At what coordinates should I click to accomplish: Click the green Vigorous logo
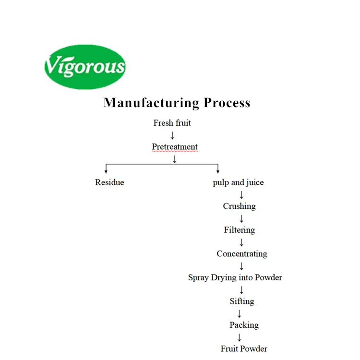point(84,67)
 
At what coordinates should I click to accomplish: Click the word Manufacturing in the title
point(151,103)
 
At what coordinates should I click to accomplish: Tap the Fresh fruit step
point(172,123)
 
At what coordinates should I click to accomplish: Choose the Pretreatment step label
point(174,147)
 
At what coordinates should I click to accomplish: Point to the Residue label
point(109,182)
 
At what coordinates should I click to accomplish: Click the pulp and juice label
point(238,182)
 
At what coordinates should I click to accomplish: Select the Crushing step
point(239,206)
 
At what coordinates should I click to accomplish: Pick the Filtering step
point(239,230)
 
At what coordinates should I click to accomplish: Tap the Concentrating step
point(241,254)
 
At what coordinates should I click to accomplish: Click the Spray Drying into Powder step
point(235,277)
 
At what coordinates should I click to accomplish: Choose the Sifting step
point(241,301)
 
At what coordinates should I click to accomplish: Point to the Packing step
point(244,325)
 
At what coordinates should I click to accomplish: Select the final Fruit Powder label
point(244,349)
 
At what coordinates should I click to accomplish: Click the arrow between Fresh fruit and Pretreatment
point(172,135)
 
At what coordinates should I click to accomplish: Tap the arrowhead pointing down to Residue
point(106,170)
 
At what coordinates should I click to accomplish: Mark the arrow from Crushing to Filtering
point(241,218)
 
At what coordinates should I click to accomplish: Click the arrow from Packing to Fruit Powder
point(240,337)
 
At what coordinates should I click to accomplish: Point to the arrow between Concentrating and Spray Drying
point(241,266)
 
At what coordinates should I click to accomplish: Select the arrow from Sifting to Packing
point(240,313)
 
